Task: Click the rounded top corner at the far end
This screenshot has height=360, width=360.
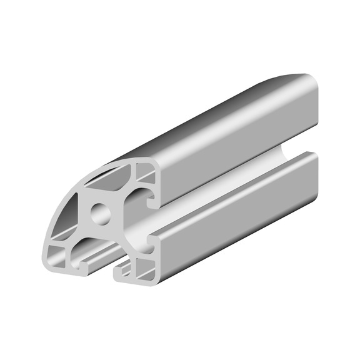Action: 306,77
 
